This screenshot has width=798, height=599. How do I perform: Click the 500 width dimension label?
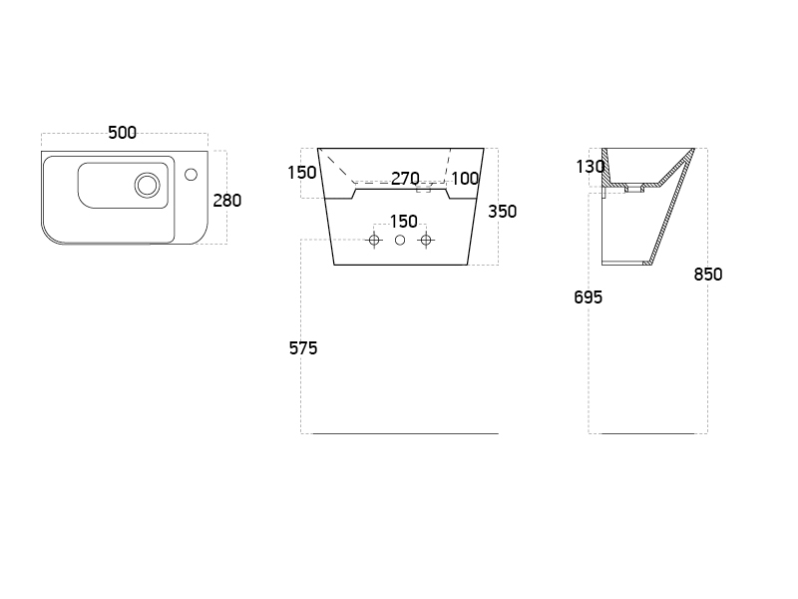click(x=122, y=133)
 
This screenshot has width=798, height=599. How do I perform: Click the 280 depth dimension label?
click(x=227, y=200)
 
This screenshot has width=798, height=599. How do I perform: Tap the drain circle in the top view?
click(x=147, y=184)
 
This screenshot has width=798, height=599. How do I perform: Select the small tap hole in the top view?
click(x=191, y=175)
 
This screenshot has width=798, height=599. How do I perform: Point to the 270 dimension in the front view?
click(x=405, y=179)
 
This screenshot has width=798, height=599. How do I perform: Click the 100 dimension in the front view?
click(x=465, y=179)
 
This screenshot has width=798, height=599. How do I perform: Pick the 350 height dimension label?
click(x=503, y=212)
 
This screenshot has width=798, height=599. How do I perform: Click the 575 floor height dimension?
click(x=303, y=348)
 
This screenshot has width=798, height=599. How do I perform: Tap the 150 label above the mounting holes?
click(x=403, y=222)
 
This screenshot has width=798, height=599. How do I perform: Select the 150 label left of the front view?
click(x=301, y=173)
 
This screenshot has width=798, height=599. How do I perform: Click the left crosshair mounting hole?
click(x=375, y=241)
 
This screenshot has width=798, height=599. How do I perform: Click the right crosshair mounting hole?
click(x=426, y=241)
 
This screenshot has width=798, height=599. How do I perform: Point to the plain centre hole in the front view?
click(x=400, y=241)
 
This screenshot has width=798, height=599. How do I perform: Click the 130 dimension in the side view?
click(x=590, y=167)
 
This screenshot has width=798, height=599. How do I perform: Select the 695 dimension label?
click(x=588, y=298)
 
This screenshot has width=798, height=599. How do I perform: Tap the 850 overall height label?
click(x=708, y=275)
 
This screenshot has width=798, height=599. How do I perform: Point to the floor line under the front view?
click(x=405, y=434)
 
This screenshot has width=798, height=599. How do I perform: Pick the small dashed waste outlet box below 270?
click(x=423, y=189)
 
